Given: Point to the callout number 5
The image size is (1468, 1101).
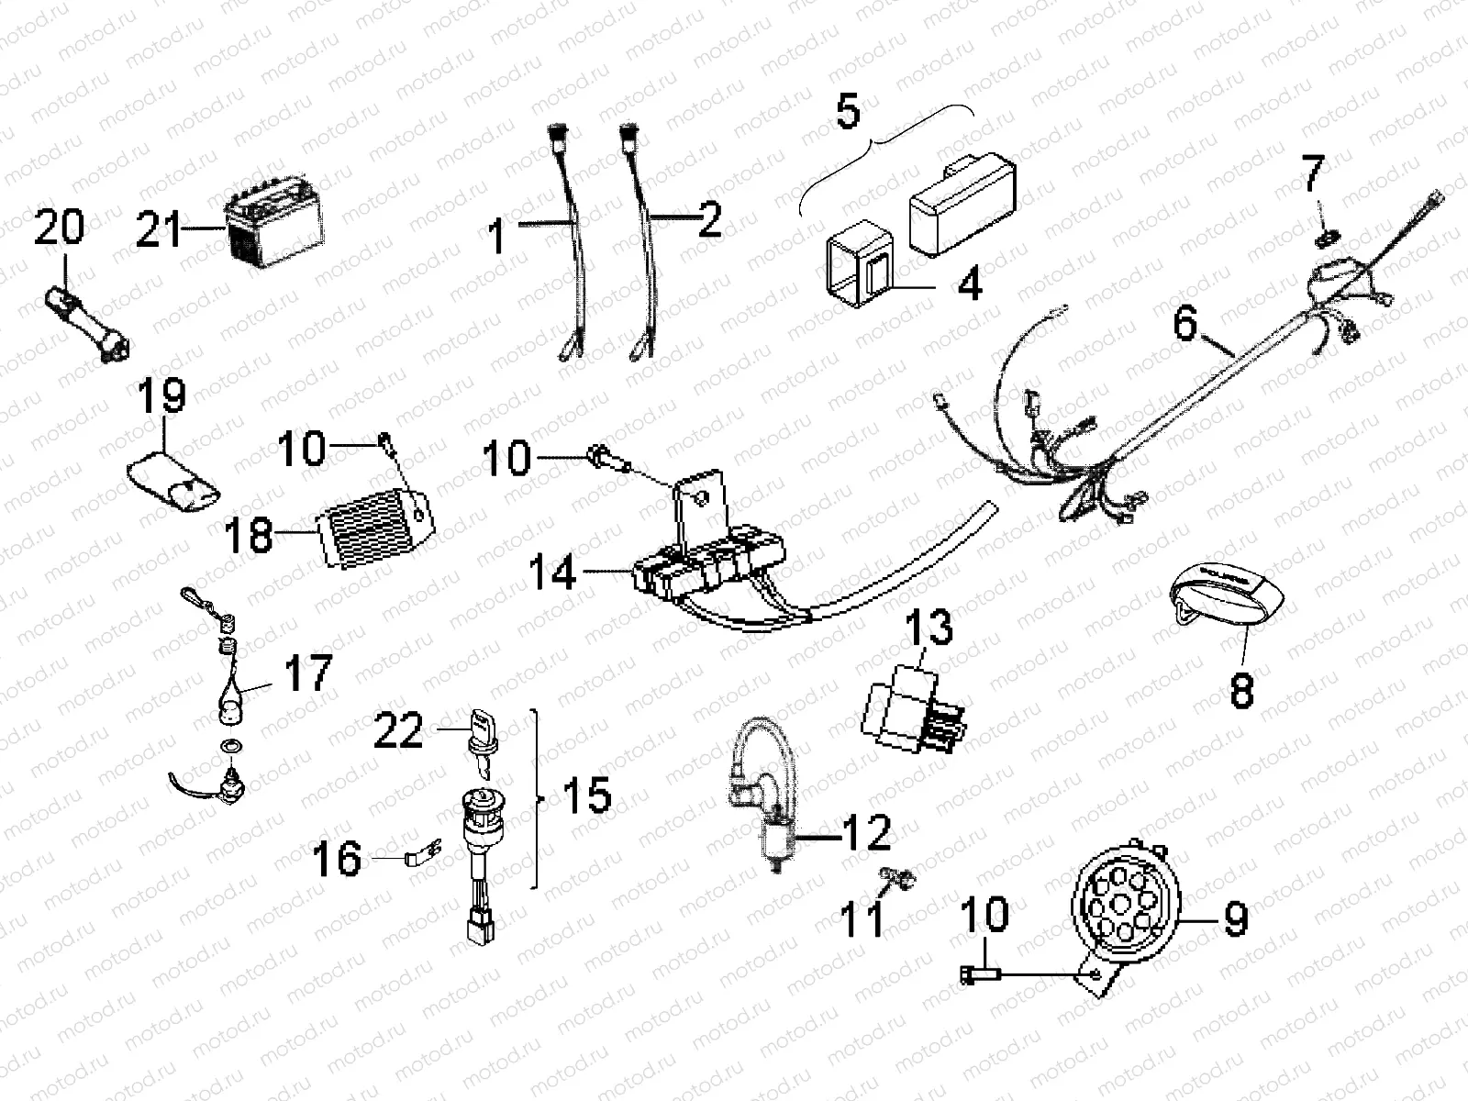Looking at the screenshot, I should tap(849, 111).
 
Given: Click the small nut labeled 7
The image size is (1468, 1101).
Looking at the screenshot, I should tap(1324, 239).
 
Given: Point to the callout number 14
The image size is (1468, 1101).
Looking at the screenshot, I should tap(553, 573).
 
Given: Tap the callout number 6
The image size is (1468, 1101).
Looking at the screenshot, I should tap(1185, 324).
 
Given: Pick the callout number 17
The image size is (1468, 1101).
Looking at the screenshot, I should tap(308, 674).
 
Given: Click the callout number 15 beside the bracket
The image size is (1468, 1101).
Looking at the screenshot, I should tap(586, 795).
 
